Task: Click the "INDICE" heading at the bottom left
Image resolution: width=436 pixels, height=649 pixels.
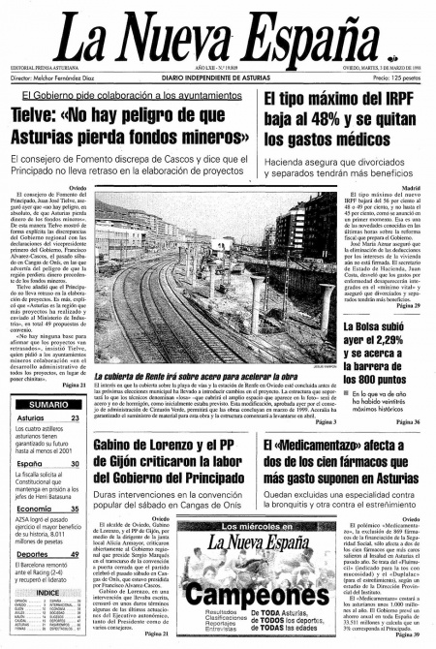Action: point(47,593)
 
